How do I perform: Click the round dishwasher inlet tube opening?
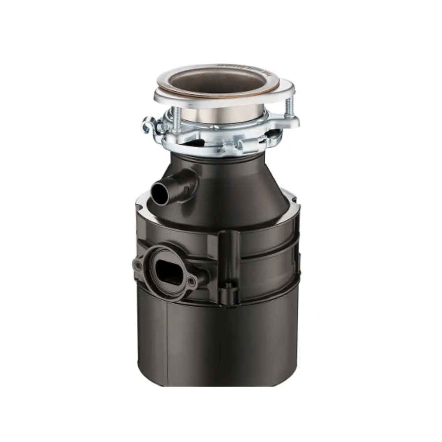tap(160, 193)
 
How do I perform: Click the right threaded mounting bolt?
tap(289, 107)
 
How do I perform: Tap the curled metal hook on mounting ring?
tap(149, 126)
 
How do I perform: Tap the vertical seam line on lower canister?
tap(168, 340)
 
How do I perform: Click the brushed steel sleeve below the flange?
tap(221, 113)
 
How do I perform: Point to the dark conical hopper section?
tap(239, 186)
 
